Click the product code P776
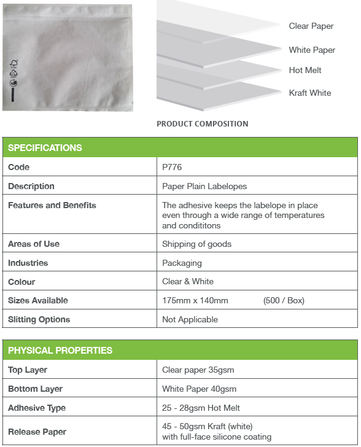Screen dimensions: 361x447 click(172, 167)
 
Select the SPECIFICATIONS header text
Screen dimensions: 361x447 click(45, 148)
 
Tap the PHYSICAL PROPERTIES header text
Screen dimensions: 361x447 click(60, 351)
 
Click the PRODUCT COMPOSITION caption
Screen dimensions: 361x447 click(203, 124)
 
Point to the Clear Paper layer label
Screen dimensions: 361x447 click(311, 26)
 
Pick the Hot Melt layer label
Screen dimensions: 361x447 click(305, 71)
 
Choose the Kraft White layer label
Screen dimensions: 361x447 click(310, 93)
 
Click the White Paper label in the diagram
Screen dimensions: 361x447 click(312, 50)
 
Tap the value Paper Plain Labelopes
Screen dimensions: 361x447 click(204, 186)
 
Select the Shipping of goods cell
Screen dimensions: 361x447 click(196, 244)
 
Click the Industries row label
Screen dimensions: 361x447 click(28, 263)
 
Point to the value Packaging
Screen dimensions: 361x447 click(182, 263)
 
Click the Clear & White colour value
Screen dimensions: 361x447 click(188, 281)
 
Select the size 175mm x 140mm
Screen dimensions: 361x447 click(195, 300)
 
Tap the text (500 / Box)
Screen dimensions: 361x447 click(284, 300)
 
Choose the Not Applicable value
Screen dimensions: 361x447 click(190, 319)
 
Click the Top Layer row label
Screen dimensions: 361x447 click(28, 370)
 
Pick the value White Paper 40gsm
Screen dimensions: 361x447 click(199, 389)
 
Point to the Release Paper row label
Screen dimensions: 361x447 click(37, 432)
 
